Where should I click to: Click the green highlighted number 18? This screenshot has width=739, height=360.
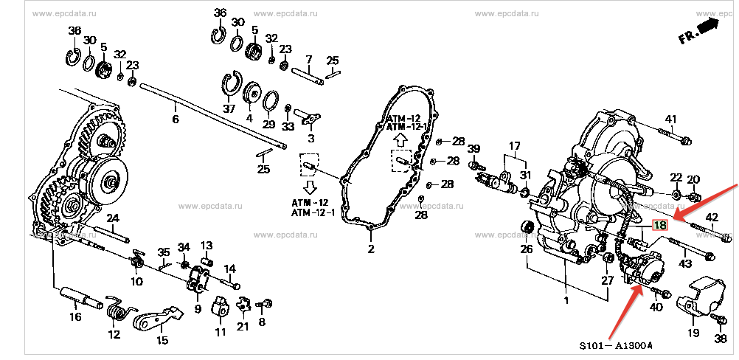click(x=659, y=225)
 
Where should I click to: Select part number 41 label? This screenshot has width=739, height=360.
click(x=670, y=120)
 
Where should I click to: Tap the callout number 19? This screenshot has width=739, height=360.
click(x=693, y=333)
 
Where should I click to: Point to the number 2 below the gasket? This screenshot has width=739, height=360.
click(x=371, y=249)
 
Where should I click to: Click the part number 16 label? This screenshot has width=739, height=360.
click(x=75, y=317)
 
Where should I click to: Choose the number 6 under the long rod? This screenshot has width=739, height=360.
click(x=176, y=119)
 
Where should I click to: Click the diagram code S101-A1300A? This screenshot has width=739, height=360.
click(x=616, y=345)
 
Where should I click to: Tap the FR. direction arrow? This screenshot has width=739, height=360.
click(x=707, y=30)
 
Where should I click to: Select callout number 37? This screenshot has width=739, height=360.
click(x=229, y=109)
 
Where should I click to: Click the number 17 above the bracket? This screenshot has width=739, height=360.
click(x=514, y=146)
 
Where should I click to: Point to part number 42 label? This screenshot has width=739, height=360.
click(x=712, y=217)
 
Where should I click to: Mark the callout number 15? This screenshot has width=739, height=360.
click(x=162, y=340)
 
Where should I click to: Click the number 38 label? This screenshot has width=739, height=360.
click(x=721, y=339)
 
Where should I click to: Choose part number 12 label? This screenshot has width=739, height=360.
click(x=114, y=334)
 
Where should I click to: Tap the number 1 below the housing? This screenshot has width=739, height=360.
click(x=566, y=300)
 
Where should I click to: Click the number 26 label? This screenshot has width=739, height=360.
click(x=526, y=249)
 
